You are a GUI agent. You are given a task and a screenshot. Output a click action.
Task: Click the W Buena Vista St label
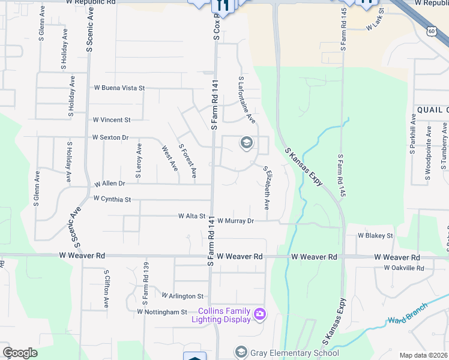coord(119,88)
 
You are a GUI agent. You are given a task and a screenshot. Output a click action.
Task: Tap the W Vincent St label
coord(111,120)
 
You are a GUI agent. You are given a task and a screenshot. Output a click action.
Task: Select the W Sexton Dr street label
coord(110,137)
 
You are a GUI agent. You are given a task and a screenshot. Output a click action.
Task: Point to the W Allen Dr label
coord(109,183)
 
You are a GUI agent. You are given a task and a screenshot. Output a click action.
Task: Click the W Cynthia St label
coord(112,198)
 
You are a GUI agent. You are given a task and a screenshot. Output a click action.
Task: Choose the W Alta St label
coord(192,216)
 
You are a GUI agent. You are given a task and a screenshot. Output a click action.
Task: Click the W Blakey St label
coord(375,236)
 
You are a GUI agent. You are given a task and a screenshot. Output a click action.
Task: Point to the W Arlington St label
coord(183,296)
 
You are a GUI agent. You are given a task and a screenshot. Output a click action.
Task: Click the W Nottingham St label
coord(162,312)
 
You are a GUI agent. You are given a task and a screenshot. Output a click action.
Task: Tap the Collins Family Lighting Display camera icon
coord(260,313)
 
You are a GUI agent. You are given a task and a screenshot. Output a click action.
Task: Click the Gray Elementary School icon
coord(241,352)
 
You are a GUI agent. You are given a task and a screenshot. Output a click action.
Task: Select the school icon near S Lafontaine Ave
coord(246,143)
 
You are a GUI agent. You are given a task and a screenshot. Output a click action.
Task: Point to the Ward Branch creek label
coord(408,313)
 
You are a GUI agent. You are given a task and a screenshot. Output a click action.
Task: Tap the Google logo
coord(20,353)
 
